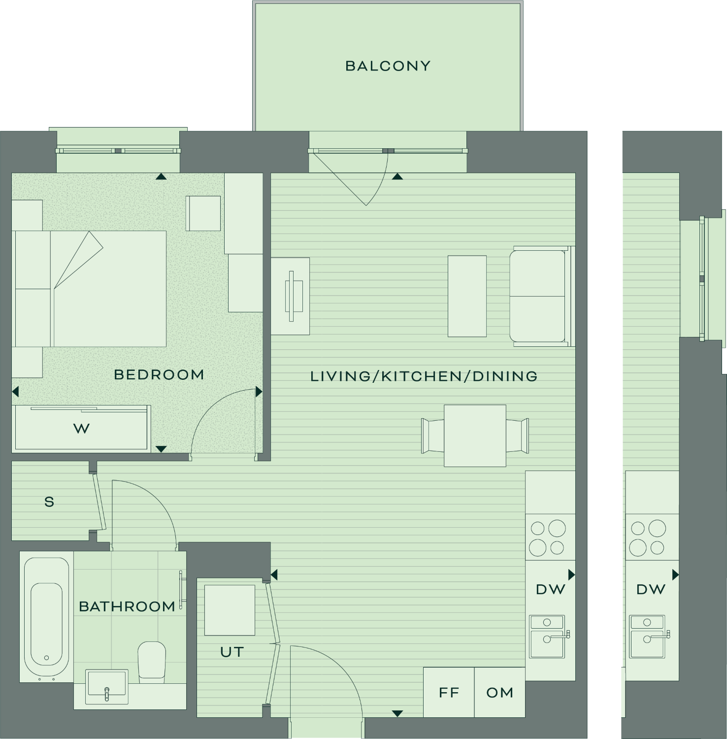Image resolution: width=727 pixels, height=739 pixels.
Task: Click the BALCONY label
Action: [x=388, y=66]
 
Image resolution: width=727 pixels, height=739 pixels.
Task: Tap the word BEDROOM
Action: [x=159, y=375]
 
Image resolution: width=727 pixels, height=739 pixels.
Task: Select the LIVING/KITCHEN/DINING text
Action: [x=424, y=376]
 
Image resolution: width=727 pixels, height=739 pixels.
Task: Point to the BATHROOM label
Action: [x=127, y=606]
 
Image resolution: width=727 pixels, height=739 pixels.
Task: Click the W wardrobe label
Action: [x=82, y=429]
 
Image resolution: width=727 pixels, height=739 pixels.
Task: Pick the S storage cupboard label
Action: [x=49, y=502]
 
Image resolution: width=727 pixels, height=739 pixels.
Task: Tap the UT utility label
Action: [x=232, y=652]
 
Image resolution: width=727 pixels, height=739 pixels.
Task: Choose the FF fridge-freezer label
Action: [x=449, y=693]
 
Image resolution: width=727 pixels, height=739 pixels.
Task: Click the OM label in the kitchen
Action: [x=500, y=693]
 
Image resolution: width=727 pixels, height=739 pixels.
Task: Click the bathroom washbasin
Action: [x=107, y=686]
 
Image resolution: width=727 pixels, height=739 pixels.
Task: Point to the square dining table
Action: [x=475, y=436]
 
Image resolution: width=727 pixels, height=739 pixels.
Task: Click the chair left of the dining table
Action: [x=432, y=436]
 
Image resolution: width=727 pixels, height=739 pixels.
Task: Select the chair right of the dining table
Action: [x=518, y=436]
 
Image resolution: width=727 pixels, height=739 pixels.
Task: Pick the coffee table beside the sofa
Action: [x=467, y=296]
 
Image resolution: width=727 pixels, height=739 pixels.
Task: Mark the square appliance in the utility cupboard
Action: [x=230, y=610]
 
